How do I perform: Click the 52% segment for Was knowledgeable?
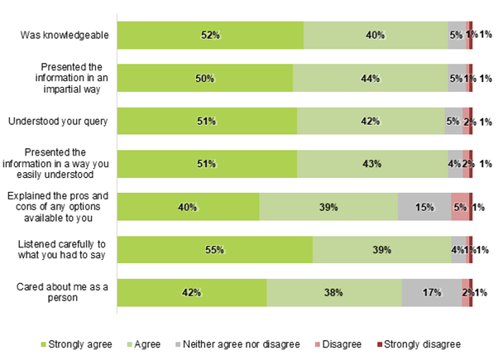point(210,36)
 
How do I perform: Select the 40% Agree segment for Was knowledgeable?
point(375,36)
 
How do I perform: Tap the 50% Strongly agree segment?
point(205,79)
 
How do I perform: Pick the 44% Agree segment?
point(370,79)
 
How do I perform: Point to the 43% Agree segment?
point(372,164)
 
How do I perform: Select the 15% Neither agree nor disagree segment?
point(424,207)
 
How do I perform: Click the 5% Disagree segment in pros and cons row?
point(460,207)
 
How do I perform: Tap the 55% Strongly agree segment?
point(214,250)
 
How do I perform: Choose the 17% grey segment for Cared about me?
point(431,292)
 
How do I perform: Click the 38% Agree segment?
point(334,292)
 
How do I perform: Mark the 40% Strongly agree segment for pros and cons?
point(189,207)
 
